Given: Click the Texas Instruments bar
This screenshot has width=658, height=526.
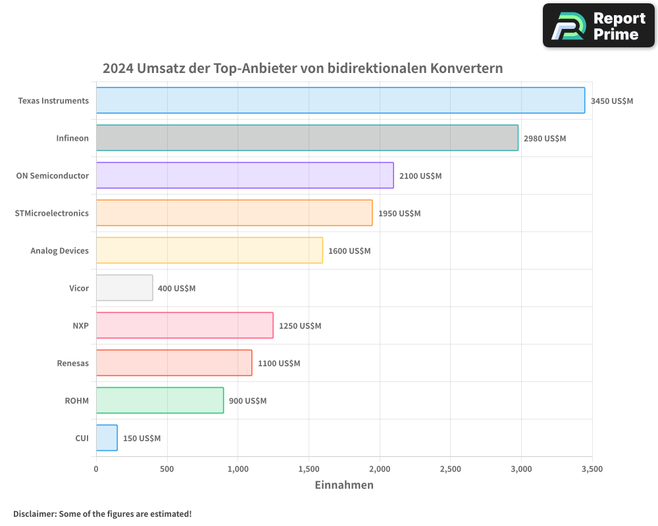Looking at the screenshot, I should coord(340,101).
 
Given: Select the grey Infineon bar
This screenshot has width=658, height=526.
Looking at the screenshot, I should coord(307,138).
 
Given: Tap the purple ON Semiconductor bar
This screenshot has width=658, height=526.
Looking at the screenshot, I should coord(245,176).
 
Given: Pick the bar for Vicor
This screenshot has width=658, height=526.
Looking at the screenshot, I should coord(124,288).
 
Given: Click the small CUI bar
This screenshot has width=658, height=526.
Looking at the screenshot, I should coord(107,438).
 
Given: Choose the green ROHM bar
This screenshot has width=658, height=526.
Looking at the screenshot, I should coord(160,400).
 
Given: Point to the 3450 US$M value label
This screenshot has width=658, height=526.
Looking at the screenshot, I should coord(612,101).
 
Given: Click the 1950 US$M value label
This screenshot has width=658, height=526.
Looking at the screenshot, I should coord(399,214).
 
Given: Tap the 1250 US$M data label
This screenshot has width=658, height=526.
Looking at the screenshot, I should coord(300,326).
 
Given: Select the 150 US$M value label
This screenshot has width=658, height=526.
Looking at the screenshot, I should coord(141,439).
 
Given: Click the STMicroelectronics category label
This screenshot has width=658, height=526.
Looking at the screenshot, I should coord(51,213).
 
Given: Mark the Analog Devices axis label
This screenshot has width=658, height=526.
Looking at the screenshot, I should coord(59,251).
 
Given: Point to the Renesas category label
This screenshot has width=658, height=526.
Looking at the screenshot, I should coord(72,363).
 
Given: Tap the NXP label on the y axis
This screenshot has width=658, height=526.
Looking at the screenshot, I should coord(80,325).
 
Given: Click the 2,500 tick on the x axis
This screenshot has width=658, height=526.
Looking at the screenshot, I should coord(450,469).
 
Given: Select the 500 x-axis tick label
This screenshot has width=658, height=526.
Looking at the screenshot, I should coord(167,469).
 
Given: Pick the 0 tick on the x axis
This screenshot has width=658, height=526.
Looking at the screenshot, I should coord(96,469).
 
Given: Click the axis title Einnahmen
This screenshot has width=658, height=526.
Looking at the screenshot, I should coord(344,485).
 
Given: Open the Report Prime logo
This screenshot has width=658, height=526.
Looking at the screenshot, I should coord(598,26).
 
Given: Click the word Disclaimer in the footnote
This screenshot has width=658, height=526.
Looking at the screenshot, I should coord(34,514).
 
